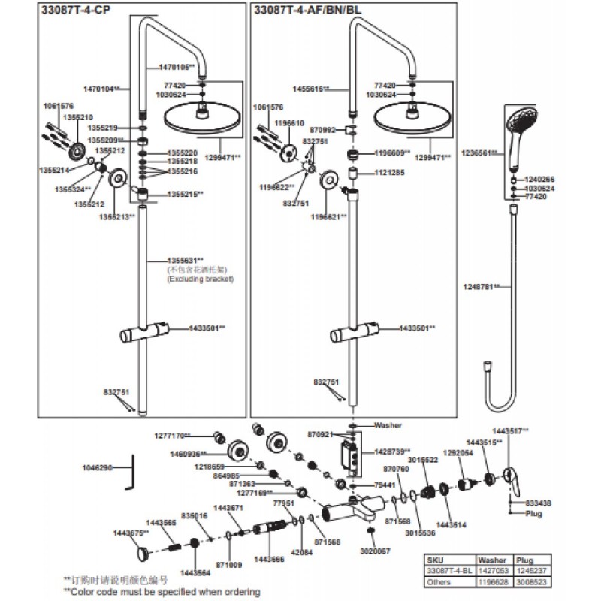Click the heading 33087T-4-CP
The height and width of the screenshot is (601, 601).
(72, 11)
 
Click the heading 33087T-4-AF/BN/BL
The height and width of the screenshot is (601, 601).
(308, 11)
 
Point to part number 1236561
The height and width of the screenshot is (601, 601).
(479, 153)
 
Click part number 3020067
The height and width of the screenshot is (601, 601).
(376, 551)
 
